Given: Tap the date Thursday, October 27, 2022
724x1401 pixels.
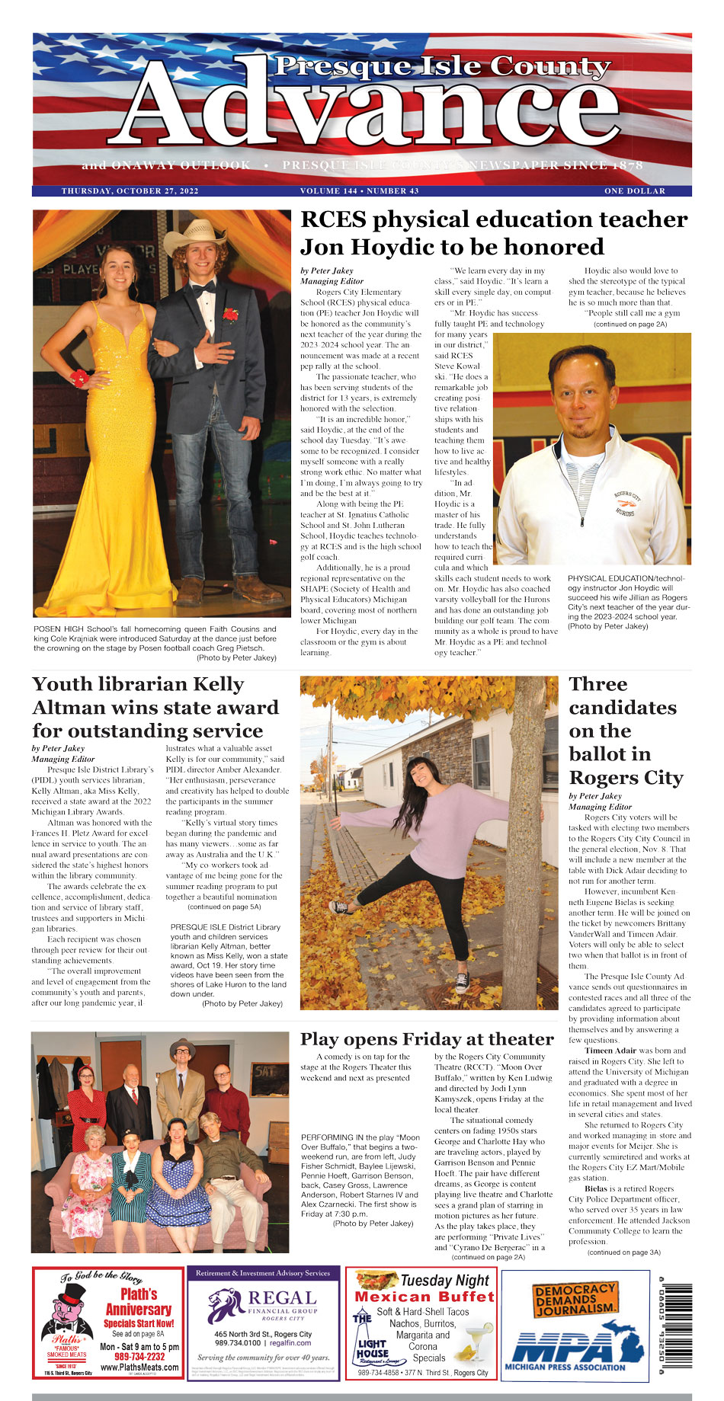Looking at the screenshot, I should (130, 191).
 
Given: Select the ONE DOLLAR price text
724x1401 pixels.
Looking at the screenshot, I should (635, 191).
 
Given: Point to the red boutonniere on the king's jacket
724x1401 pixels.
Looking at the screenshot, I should (230, 313).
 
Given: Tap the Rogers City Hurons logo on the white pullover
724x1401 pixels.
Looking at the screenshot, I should (631, 503).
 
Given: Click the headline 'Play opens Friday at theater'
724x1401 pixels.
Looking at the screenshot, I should (427, 1039).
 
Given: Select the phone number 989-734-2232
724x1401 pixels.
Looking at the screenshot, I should (139, 1357).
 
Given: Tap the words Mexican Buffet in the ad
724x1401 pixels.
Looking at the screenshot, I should (424, 1297).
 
